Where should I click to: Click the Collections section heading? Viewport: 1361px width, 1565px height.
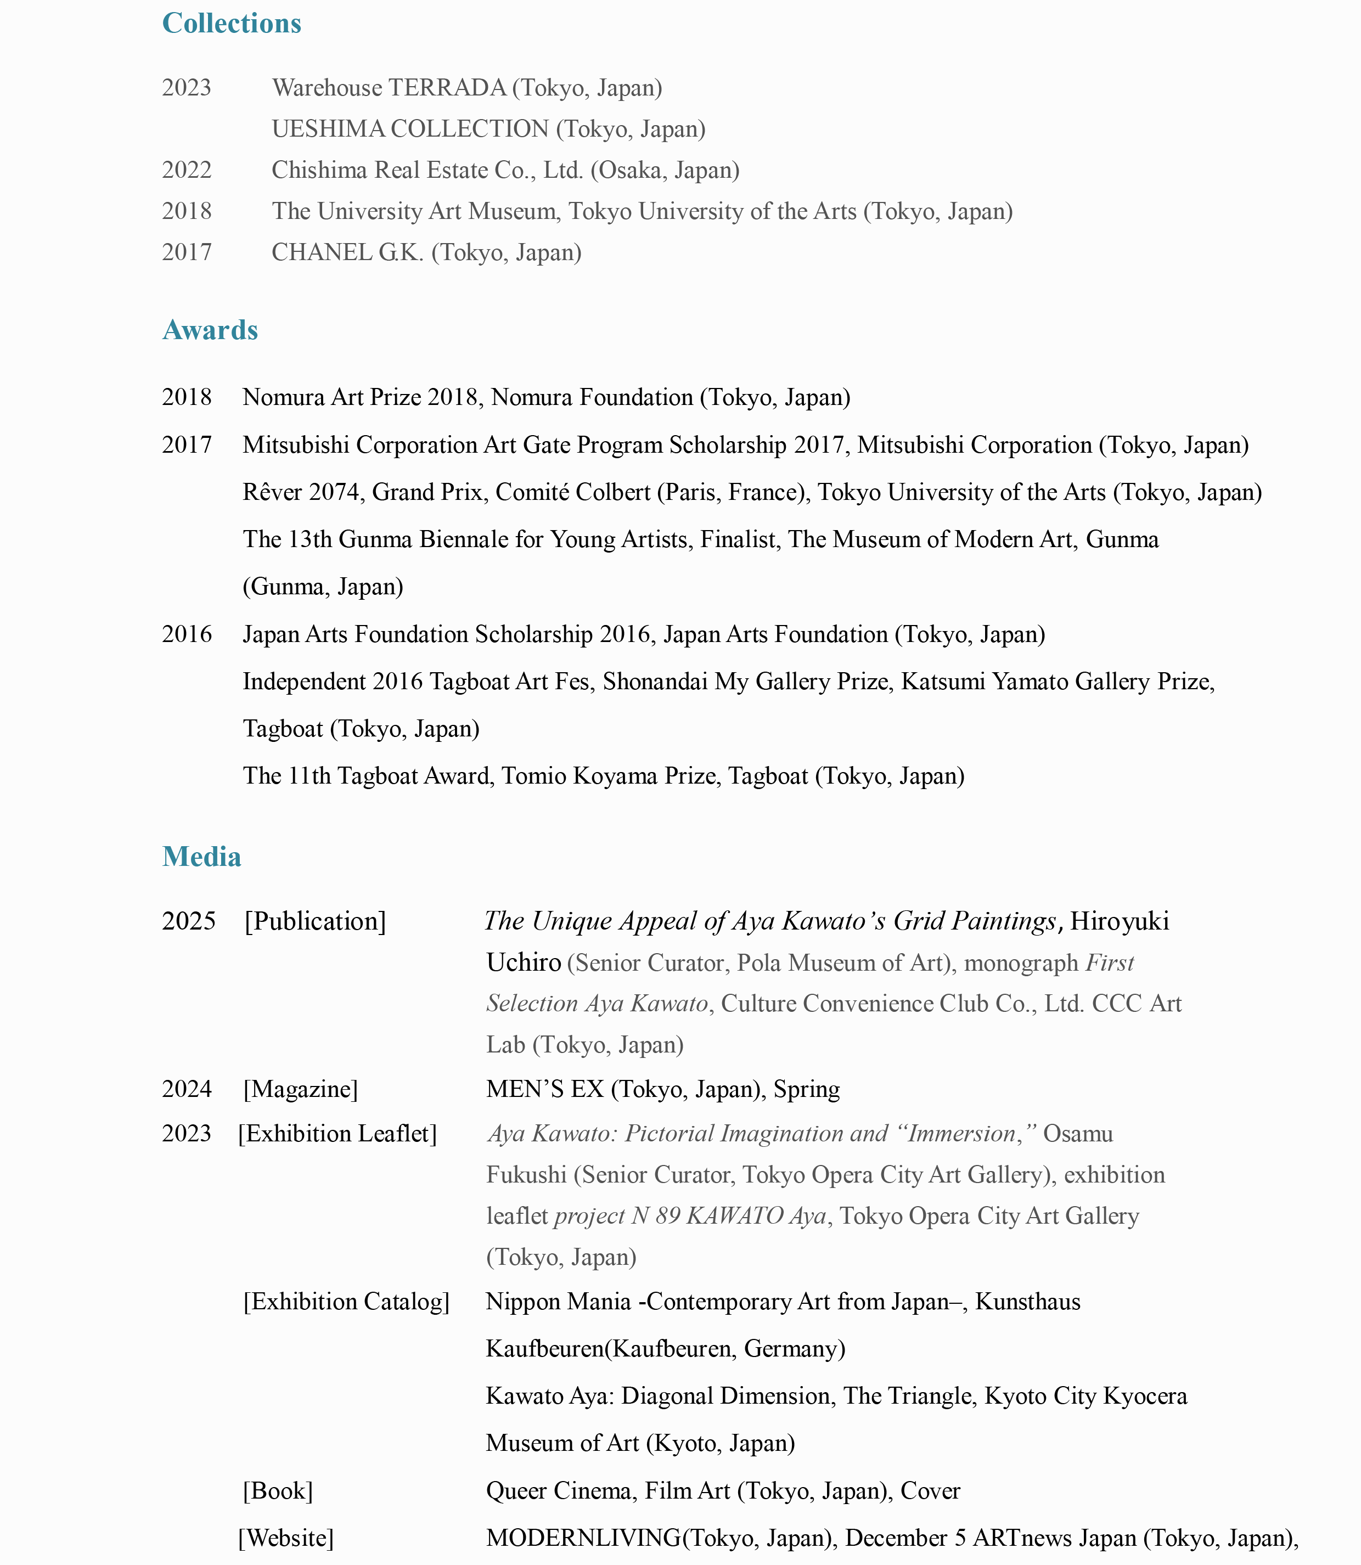[x=232, y=24]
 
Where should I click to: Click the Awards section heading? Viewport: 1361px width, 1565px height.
[x=210, y=330]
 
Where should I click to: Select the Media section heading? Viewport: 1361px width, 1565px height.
[x=201, y=857]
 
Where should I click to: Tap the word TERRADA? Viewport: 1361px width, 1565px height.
[x=447, y=88]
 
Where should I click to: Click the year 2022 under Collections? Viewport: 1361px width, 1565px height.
[x=187, y=170]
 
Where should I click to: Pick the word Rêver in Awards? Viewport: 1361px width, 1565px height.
[x=272, y=492]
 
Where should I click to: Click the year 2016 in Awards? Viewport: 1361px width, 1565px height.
[x=187, y=634]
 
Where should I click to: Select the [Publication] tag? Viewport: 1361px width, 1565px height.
[x=315, y=921]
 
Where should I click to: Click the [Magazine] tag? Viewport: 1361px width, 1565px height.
[x=300, y=1090]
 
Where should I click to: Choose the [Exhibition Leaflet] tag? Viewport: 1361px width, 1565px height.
[x=337, y=1134]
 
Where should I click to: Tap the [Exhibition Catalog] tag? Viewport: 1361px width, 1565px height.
[x=346, y=1302]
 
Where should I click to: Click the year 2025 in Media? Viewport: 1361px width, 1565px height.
[x=188, y=921]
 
